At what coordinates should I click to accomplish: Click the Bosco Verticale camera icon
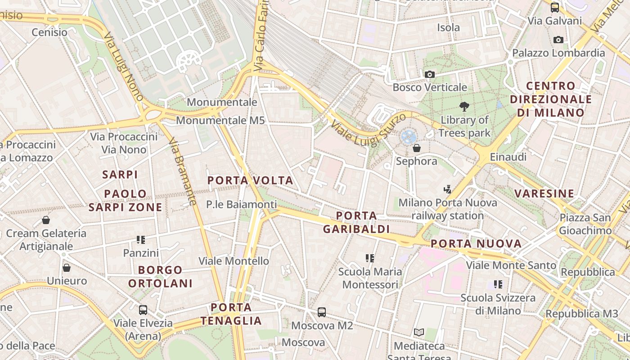click(x=430, y=74)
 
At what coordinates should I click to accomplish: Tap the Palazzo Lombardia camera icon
click(x=558, y=40)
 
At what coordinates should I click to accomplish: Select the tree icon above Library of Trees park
click(x=464, y=107)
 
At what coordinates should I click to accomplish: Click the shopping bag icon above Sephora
click(x=417, y=148)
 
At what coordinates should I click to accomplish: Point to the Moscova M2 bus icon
click(x=321, y=312)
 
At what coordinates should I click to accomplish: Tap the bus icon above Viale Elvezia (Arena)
click(x=143, y=310)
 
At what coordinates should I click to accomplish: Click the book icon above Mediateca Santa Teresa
click(x=419, y=333)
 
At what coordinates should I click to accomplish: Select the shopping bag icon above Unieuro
click(x=67, y=268)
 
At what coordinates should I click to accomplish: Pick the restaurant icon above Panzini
click(x=141, y=239)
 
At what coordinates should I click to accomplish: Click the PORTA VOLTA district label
click(x=250, y=181)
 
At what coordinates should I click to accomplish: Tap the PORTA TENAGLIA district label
click(x=231, y=314)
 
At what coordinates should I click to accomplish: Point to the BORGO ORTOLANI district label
click(x=160, y=277)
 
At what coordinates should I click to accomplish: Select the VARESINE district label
click(x=544, y=193)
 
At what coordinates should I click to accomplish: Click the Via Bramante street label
click(x=183, y=172)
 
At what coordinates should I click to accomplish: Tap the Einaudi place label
click(x=508, y=157)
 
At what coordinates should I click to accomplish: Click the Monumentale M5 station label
click(x=220, y=121)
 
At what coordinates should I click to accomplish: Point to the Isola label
click(x=449, y=27)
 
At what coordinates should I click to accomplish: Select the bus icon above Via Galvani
click(x=555, y=7)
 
